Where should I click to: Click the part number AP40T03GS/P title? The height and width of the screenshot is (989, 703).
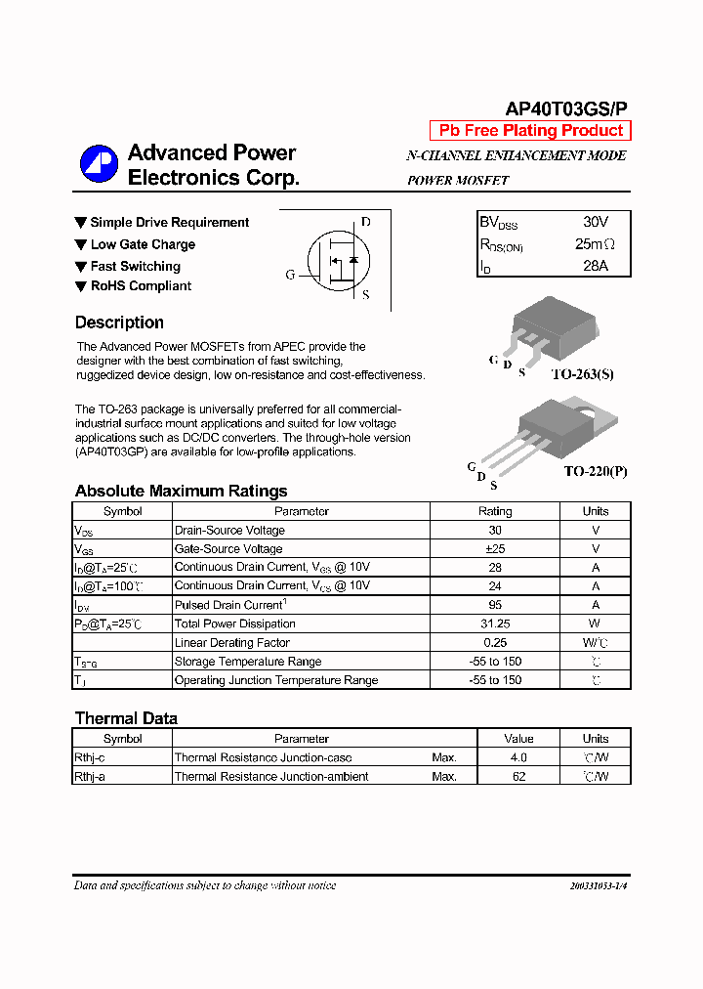(566, 110)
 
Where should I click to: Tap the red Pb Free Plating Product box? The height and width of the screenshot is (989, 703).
(530, 131)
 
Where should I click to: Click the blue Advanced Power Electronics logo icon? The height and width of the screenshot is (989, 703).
(99, 164)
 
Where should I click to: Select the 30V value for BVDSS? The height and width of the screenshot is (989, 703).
(595, 223)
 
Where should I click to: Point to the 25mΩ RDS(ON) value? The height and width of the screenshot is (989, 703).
(595, 244)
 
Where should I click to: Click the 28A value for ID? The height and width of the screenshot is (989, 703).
(595, 266)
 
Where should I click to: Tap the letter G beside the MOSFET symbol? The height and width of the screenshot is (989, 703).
(290, 275)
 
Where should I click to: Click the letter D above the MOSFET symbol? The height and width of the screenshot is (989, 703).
(365, 222)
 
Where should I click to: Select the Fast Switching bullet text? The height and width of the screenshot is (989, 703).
(135, 266)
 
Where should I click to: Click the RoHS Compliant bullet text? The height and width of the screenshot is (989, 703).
(141, 286)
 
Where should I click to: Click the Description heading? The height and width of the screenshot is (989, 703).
(119, 322)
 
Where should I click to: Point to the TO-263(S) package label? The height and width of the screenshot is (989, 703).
(582, 374)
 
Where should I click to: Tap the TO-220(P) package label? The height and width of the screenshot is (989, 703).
(595, 471)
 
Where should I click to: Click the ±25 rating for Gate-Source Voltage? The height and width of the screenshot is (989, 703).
(494, 548)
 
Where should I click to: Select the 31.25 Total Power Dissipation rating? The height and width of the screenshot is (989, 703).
(494, 623)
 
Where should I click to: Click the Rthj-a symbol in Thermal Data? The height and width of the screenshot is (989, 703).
(90, 776)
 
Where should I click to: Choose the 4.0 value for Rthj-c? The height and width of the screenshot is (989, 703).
(518, 757)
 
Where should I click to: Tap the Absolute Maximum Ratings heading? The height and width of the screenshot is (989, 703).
(181, 491)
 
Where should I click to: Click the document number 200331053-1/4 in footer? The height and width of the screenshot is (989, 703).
(598, 885)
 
